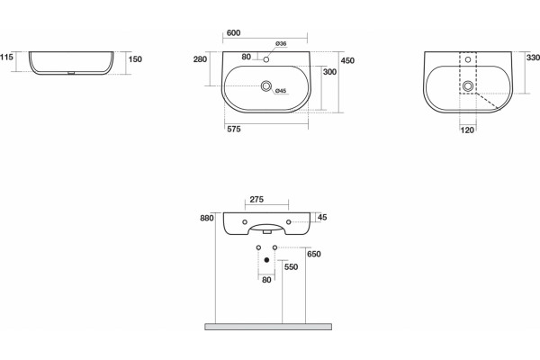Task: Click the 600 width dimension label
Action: (233, 33)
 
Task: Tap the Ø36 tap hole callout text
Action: (281, 44)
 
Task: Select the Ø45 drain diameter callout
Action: (281, 91)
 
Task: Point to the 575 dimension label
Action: (234, 130)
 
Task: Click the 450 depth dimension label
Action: (347, 60)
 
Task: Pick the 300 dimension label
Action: (329, 72)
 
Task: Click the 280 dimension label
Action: (200, 59)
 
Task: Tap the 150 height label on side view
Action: (135, 59)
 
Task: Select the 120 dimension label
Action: (467, 130)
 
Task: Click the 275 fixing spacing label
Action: (256, 200)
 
